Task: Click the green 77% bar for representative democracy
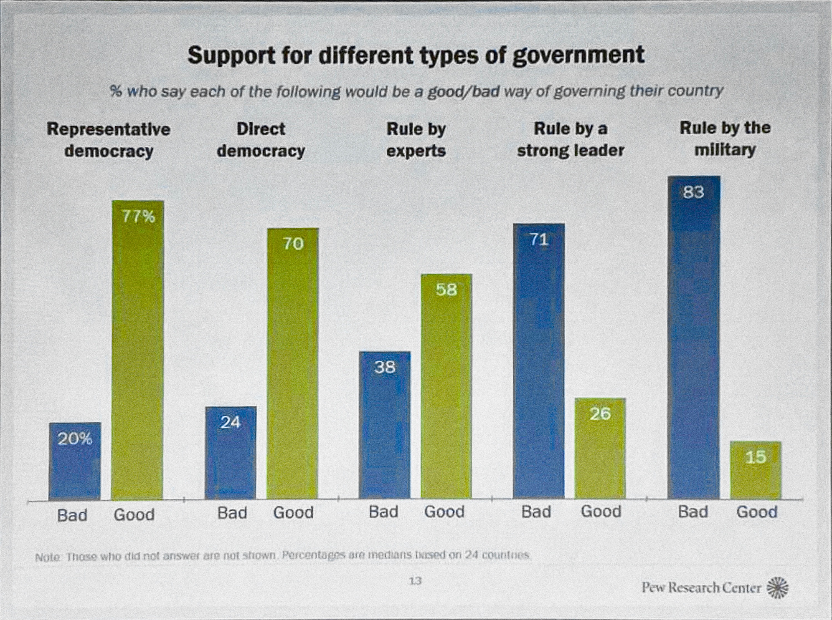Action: coord(138,349)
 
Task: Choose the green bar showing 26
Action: coord(600,448)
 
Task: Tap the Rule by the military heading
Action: coord(725,139)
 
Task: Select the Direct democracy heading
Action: coord(261,140)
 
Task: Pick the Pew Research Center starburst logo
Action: coord(778,587)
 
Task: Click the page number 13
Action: coord(415,581)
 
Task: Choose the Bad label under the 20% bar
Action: coord(72,515)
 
